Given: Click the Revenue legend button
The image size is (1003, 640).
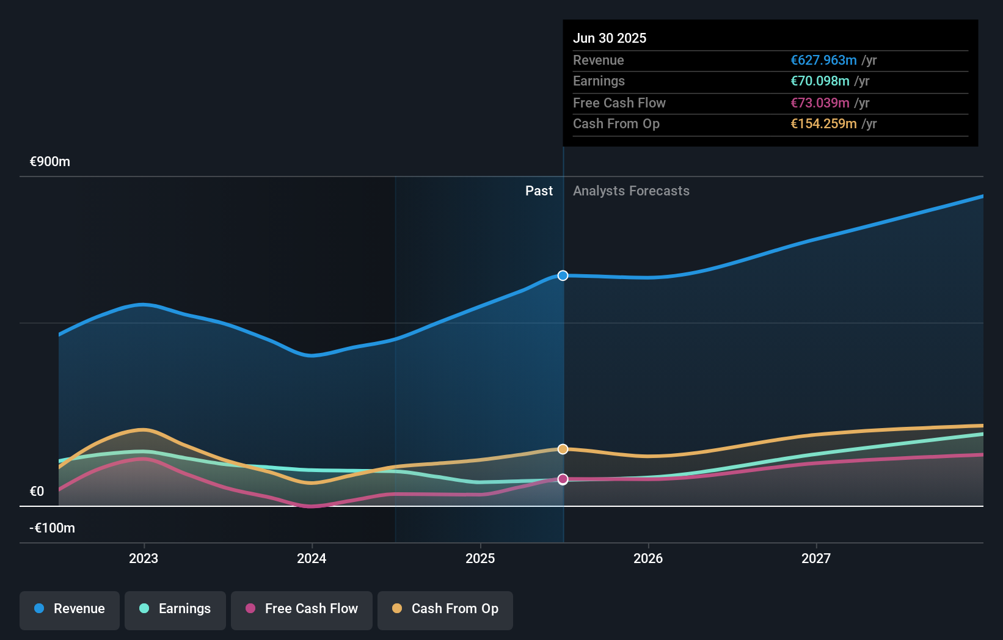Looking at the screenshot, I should click(70, 609).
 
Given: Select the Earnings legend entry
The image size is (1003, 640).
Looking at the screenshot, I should click(175, 609).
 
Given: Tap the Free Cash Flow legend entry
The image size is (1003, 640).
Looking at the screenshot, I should click(302, 609).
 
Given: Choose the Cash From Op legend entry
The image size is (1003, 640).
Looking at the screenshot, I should click(445, 609).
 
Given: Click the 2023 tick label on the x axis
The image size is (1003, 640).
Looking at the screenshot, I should click(144, 559).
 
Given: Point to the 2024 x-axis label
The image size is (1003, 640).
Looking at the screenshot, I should click(312, 559).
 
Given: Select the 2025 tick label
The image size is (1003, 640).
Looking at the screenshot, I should click(480, 559).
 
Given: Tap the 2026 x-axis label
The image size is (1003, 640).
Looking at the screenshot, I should click(648, 559).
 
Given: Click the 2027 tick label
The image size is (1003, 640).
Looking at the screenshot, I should click(816, 559).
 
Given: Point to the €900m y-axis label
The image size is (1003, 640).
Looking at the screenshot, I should click(50, 162).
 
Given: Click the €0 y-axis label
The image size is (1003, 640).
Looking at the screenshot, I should click(37, 492).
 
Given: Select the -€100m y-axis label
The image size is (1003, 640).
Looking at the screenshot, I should click(53, 528).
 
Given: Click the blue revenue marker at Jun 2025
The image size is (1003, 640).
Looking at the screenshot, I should click(563, 275).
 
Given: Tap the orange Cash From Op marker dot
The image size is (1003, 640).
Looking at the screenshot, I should click(563, 449).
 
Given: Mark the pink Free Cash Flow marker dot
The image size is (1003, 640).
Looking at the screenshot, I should click(563, 479).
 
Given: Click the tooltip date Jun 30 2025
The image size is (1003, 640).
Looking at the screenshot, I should click(610, 38).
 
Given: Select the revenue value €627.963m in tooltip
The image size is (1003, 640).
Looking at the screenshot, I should click(823, 60).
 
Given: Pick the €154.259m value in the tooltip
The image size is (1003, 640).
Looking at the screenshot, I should click(823, 124).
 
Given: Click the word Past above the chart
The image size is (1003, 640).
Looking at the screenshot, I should click(539, 191).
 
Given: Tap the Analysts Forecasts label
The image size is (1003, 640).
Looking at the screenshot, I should click(631, 191).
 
